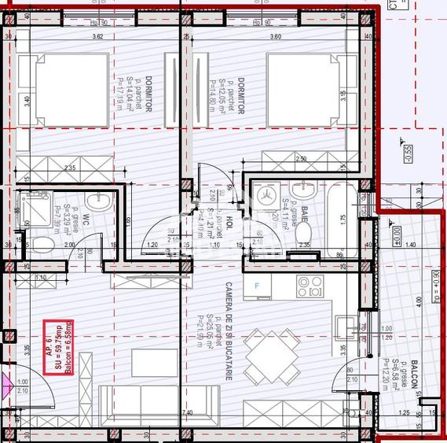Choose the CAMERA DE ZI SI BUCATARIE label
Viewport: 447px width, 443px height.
pyautogui.click(x=228, y=330)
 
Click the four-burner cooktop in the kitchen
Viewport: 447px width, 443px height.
pyautogui.click(x=308, y=286)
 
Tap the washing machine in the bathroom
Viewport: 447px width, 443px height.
pyautogui.click(x=266, y=193)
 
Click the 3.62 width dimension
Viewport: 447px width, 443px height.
pyautogui.click(x=97, y=36)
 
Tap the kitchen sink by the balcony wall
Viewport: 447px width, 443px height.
pyautogui.click(x=346, y=327)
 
